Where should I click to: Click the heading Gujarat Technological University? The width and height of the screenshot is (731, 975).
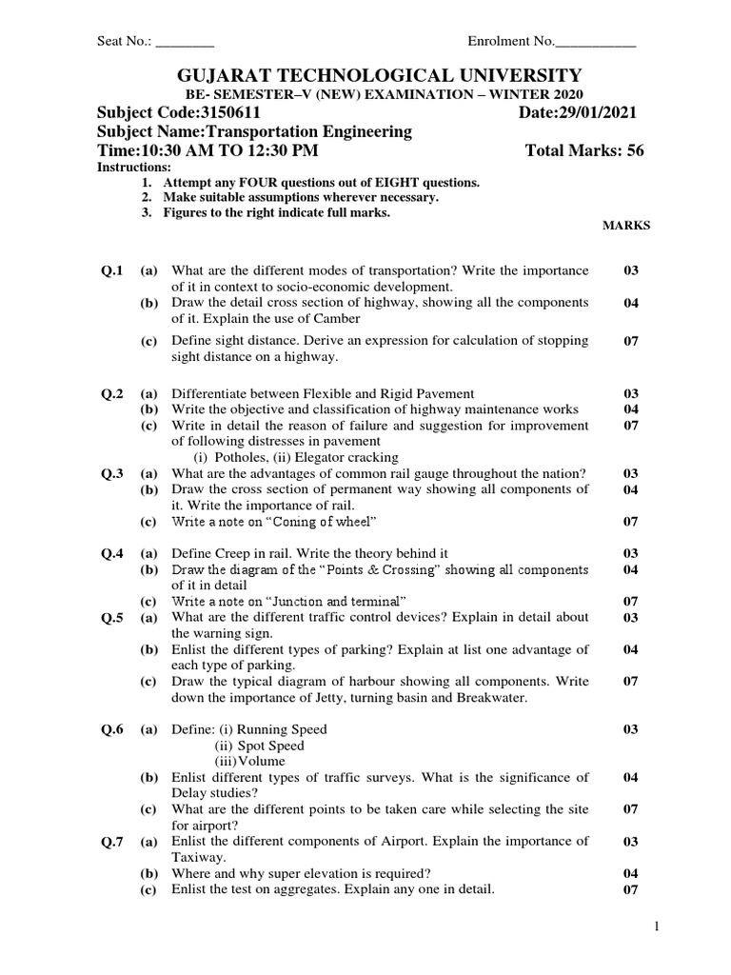coord(365,75)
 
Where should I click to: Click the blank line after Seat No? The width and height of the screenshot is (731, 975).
coord(185,42)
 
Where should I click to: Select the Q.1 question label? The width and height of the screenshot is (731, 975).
coord(112,270)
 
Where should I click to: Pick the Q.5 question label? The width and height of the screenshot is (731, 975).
coord(112,617)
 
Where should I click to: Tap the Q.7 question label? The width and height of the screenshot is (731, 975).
coord(112,842)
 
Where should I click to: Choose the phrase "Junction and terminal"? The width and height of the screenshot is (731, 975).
coord(333,601)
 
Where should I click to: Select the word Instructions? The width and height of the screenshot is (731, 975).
coord(132,168)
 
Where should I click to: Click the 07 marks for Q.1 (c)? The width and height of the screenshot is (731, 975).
coord(630,341)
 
